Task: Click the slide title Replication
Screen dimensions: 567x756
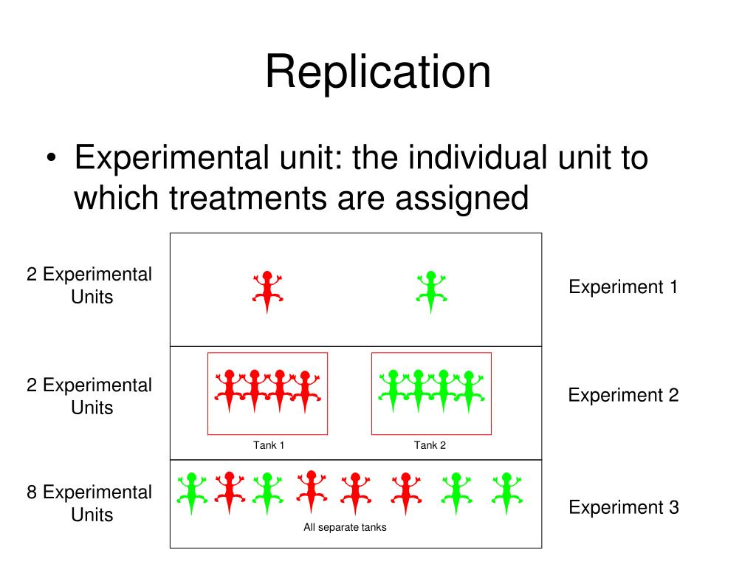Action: [378, 73]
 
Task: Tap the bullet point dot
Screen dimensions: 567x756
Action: [50, 160]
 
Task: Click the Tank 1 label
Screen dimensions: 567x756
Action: [269, 445]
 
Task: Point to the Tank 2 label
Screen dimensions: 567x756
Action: [430, 445]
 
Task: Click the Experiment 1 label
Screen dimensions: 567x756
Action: [623, 287]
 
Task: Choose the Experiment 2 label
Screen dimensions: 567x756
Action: [623, 395]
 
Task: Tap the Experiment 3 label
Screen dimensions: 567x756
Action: [623, 507]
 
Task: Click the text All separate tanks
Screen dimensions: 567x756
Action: [345, 527]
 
